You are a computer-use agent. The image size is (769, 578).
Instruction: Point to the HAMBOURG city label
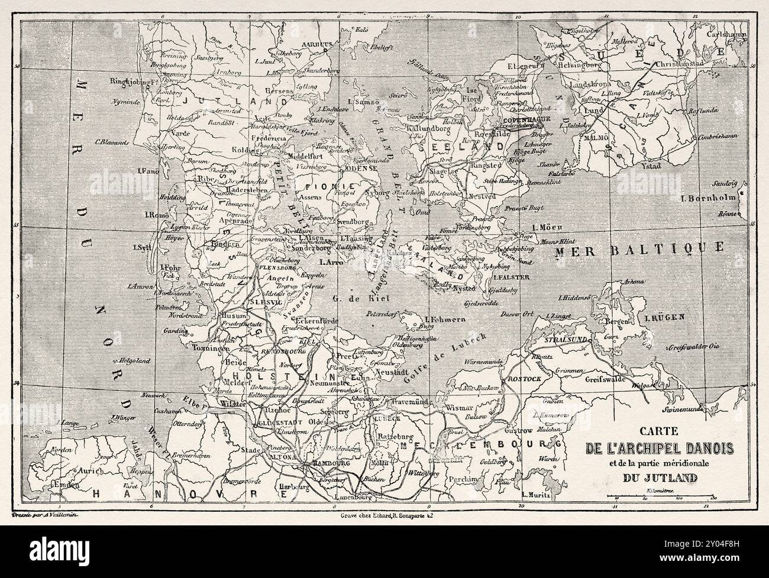pyautogui.click(x=325, y=462)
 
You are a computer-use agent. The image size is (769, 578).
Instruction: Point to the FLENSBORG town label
pyautogui.click(x=277, y=267)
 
